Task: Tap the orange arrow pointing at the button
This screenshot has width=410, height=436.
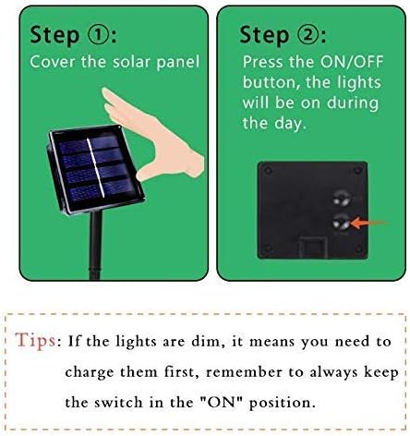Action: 370,222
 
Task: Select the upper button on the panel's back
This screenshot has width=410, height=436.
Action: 341,196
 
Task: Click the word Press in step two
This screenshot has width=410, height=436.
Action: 263,62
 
